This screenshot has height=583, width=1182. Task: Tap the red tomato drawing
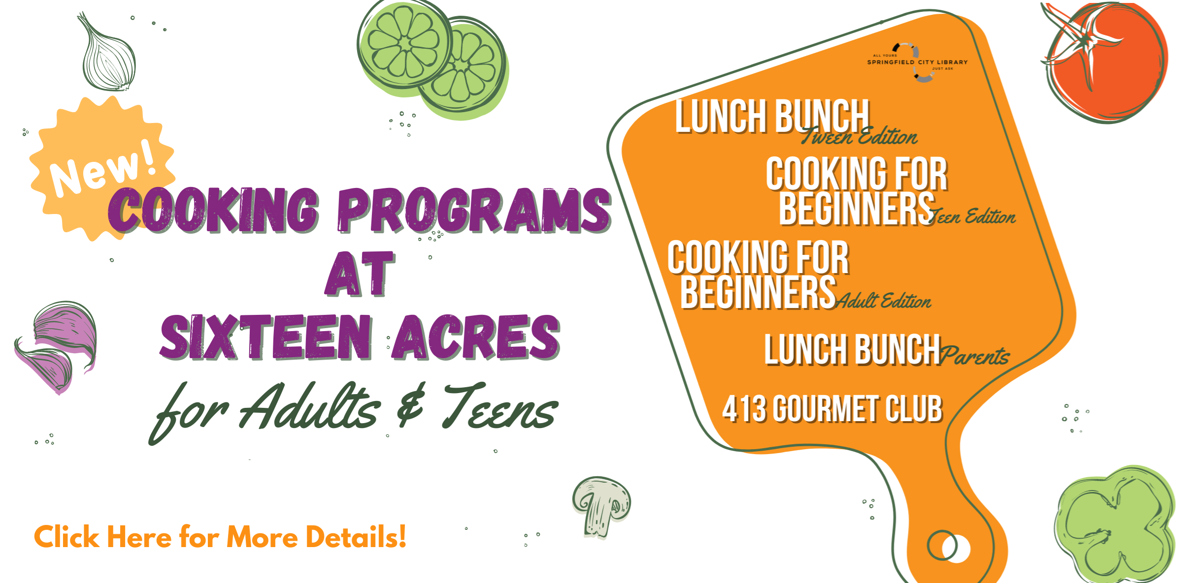click(1106, 61)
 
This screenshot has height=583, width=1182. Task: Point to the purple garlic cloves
click(57, 347)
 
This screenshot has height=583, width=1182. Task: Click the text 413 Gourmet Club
click(832, 409)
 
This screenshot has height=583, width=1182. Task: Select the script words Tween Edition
click(859, 136)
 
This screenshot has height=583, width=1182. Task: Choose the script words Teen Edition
click(973, 215)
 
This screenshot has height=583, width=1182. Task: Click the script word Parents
click(975, 356)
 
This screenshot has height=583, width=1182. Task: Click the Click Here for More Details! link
click(220, 537)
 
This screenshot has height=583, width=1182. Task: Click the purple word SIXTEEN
click(266, 337)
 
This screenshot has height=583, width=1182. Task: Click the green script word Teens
click(500, 406)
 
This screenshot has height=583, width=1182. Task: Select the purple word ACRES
click(477, 337)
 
